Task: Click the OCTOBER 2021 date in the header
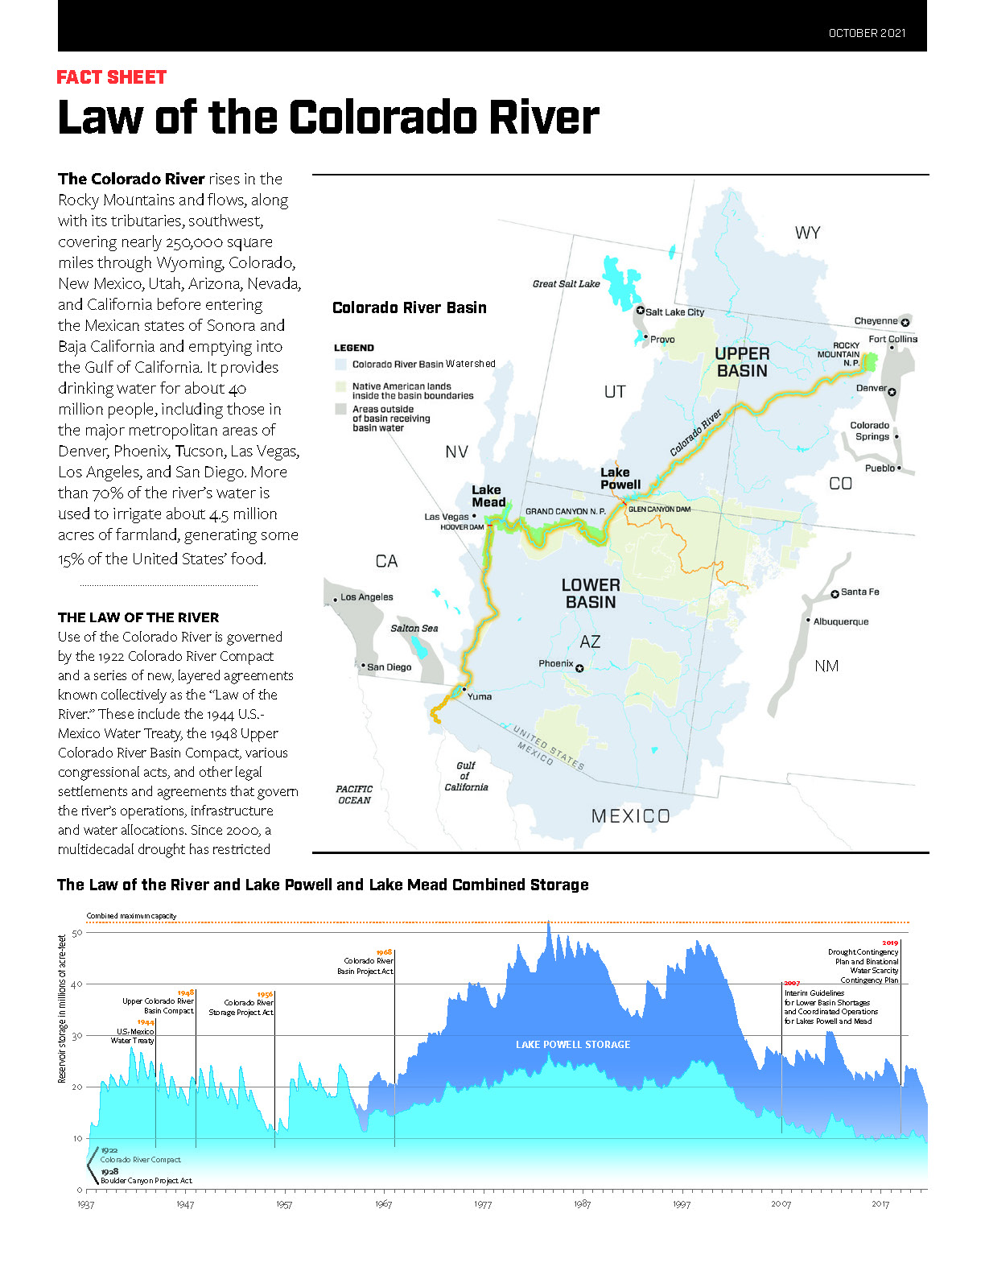[x=867, y=33]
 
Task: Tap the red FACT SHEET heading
[x=112, y=77]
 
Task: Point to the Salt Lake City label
[x=674, y=312]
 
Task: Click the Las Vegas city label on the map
[x=447, y=517]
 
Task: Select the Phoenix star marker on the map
[x=579, y=668]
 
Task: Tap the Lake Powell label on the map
[x=620, y=478]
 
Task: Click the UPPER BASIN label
[x=742, y=362]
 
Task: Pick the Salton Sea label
[x=414, y=628]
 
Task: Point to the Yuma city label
[x=480, y=696]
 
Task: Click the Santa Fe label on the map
[x=859, y=592]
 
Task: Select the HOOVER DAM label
[x=462, y=527]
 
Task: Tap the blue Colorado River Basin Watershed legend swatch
[x=341, y=365]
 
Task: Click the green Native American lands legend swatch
[x=341, y=387]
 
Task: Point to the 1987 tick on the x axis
[x=582, y=1204]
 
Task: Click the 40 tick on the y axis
[x=77, y=984]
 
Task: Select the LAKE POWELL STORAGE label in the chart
[x=573, y=1045]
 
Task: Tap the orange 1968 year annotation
[x=384, y=952]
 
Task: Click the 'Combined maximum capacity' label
[x=131, y=916]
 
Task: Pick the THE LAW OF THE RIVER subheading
[x=138, y=617]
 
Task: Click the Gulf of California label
[x=466, y=776]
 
